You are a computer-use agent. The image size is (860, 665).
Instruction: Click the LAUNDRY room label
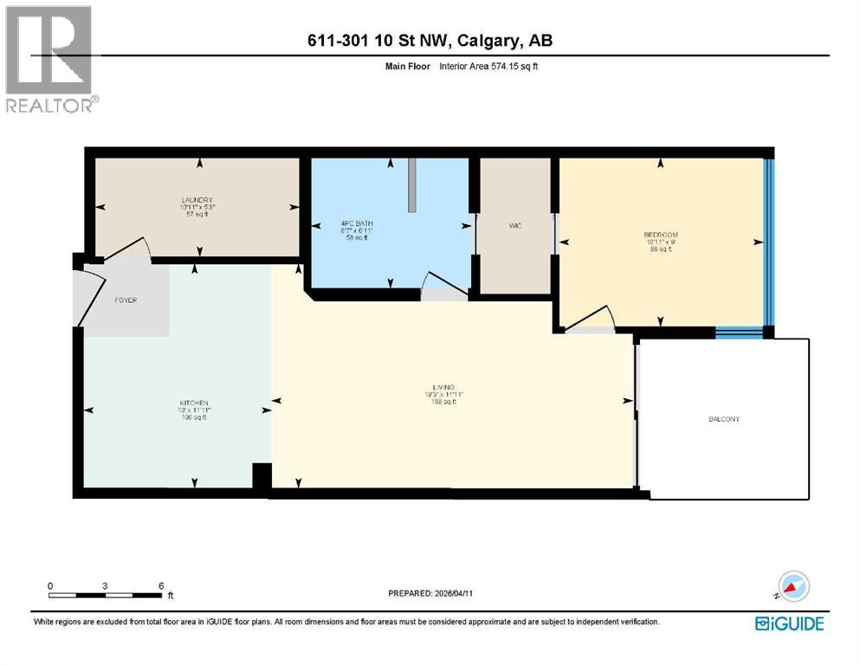click(191, 200)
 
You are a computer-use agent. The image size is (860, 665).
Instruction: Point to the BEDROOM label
click(660, 235)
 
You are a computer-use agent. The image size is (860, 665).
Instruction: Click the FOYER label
click(126, 300)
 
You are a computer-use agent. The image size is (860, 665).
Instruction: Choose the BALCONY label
click(723, 419)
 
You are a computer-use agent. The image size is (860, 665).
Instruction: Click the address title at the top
click(430, 41)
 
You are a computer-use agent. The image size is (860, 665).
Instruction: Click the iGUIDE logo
click(789, 623)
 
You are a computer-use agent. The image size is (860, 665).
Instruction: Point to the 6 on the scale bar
click(161, 585)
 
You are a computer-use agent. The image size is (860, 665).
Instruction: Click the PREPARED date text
click(430, 593)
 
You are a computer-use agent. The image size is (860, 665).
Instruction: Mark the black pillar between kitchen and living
click(262, 477)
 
